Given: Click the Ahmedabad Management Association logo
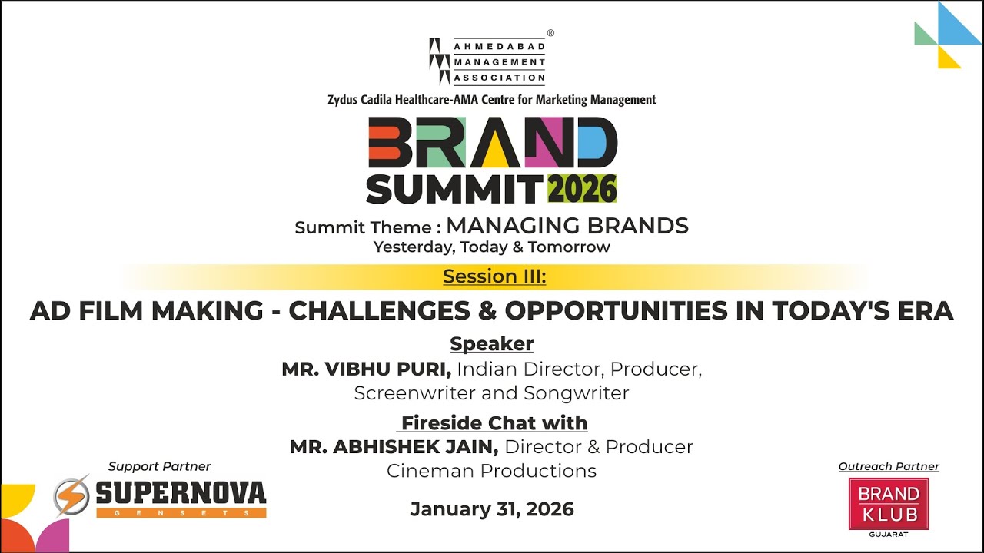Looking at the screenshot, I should [x=487, y=61].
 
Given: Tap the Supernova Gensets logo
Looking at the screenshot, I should [x=160, y=497].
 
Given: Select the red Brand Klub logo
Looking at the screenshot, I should [x=888, y=504].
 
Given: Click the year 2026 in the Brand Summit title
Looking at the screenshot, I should [x=582, y=188].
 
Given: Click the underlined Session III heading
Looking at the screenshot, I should [x=494, y=276].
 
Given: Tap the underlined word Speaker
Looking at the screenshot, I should [x=492, y=343].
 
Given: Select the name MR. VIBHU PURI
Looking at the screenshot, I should [x=367, y=369].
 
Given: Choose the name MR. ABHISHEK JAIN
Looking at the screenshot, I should [x=394, y=446].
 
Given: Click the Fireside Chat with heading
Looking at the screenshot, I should [x=494, y=422].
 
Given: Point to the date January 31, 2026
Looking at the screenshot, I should [x=492, y=508].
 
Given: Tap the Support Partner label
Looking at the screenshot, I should [x=159, y=466].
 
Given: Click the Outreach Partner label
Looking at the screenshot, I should [x=889, y=466].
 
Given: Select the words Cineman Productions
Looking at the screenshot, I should [x=491, y=470].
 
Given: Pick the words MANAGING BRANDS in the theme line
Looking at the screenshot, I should [x=567, y=226].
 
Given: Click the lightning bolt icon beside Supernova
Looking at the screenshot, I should [x=71, y=495].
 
